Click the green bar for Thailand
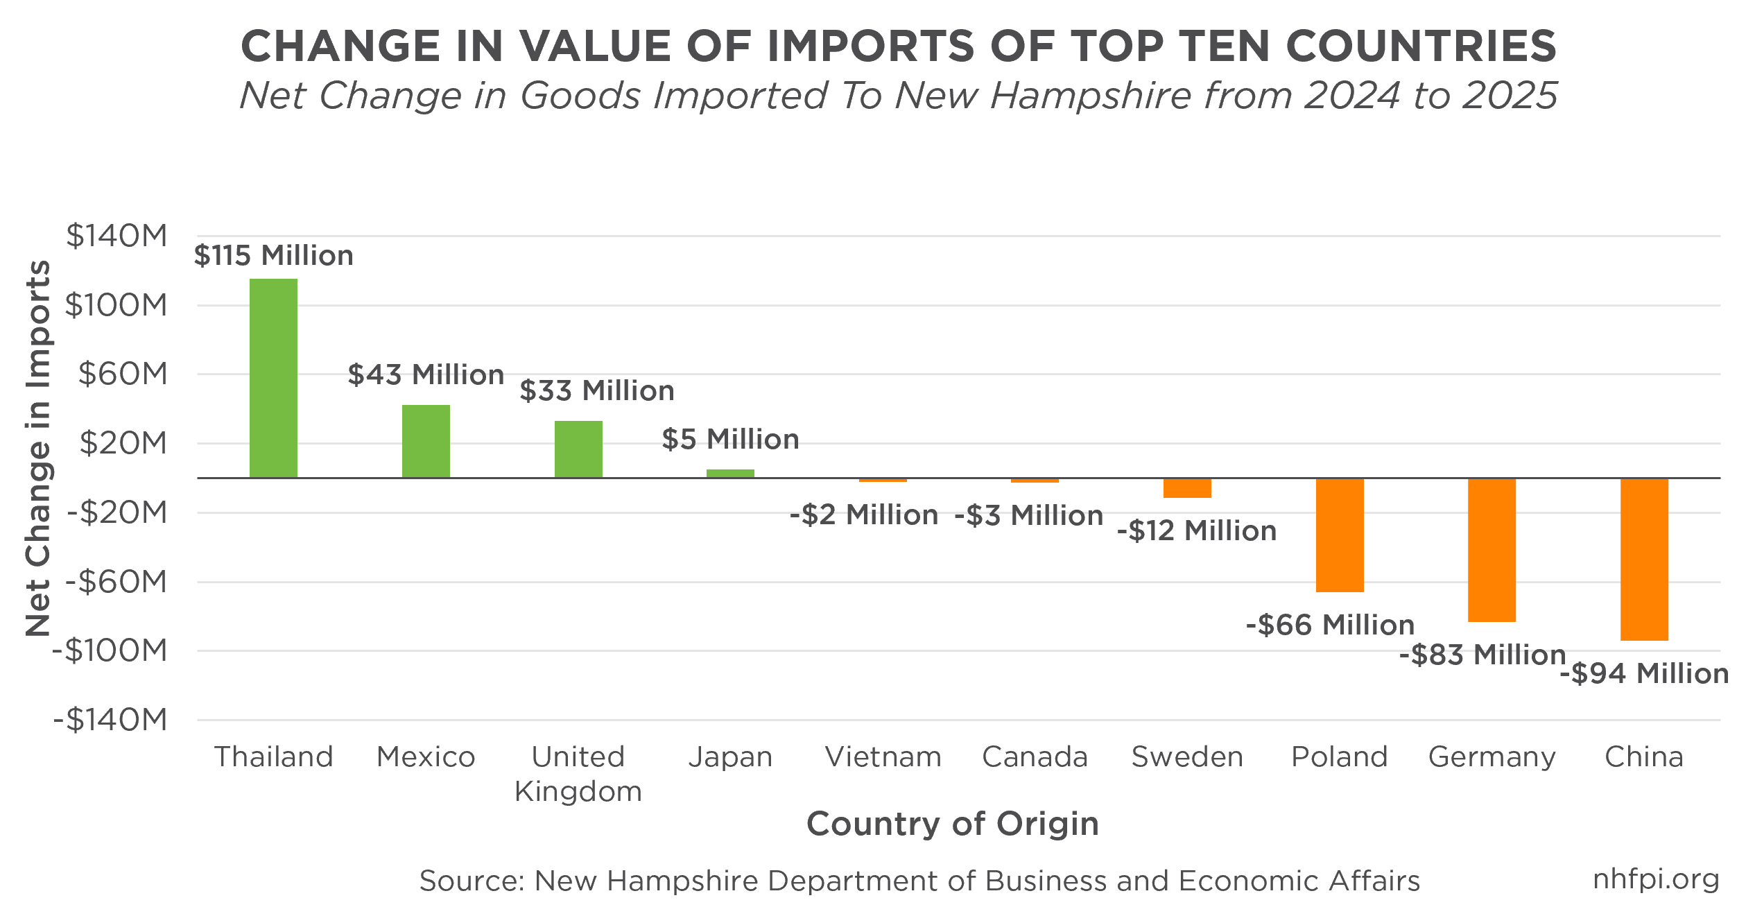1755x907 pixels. (273, 378)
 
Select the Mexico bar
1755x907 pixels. (426, 441)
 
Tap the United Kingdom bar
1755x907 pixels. (578, 449)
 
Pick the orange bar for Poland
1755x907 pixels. (1340, 535)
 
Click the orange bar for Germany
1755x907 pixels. (1492, 550)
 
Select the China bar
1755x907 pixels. (1644, 559)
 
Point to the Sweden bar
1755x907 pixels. (1187, 487)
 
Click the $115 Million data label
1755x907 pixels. (274, 256)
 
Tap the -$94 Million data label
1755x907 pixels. (1644, 674)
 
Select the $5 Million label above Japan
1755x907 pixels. (731, 440)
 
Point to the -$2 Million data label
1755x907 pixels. (864, 515)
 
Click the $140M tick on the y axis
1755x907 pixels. (116, 236)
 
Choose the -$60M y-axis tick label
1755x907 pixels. (116, 582)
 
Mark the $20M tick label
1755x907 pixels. (123, 443)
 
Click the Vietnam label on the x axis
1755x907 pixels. (883, 757)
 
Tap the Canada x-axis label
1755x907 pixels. (1035, 757)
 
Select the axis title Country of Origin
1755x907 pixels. (953, 824)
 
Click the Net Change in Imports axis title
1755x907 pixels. (37, 448)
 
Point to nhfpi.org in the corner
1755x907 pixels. (1656, 879)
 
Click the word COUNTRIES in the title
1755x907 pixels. (1421, 46)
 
